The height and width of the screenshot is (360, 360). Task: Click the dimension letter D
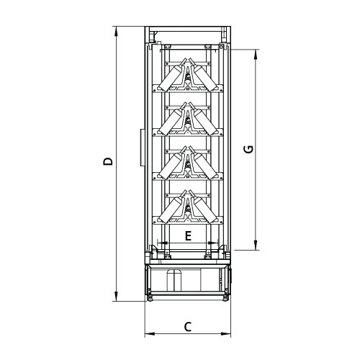[x=108, y=161]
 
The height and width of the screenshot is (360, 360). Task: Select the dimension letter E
[x=188, y=236]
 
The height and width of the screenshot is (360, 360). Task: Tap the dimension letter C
[x=188, y=327]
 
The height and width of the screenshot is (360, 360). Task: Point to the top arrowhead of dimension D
[x=117, y=32]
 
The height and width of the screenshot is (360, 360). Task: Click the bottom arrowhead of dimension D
[x=117, y=296]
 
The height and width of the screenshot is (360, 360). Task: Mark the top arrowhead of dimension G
[x=256, y=55]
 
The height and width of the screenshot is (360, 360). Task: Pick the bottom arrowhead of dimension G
[x=256, y=245]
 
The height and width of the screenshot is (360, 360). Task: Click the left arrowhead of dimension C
[x=150, y=333]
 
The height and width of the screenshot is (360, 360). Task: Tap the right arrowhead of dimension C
[x=226, y=333]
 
